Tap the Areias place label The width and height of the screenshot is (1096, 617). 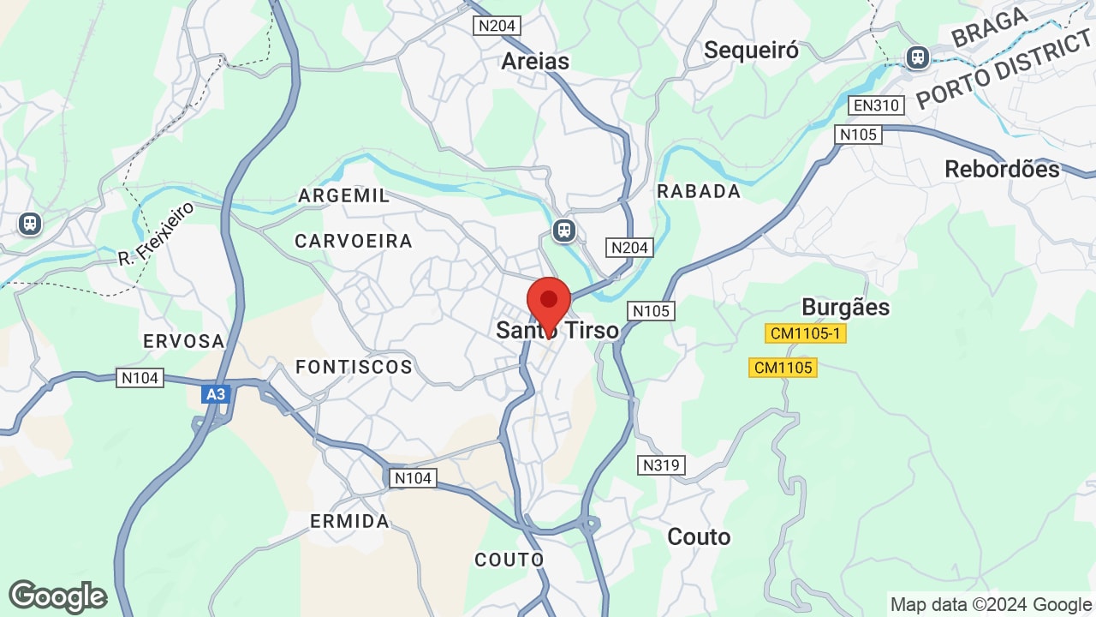coord(535,61)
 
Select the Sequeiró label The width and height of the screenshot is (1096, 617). coord(751,51)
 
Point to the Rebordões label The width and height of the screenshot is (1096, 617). coord(1002,169)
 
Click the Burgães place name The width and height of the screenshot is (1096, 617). coord(845,307)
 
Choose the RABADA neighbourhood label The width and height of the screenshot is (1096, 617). coord(699,191)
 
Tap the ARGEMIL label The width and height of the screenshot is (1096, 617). coord(343,195)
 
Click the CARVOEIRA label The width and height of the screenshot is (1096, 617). coord(354,241)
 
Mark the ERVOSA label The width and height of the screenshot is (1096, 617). coord(183,341)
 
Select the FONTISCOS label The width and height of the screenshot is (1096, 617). coord(354,367)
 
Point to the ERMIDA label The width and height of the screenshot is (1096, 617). coord(349,521)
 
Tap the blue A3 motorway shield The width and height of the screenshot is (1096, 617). coord(216,394)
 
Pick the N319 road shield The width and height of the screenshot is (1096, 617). coord(661,465)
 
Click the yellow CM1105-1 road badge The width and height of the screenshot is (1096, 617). coord(805,333)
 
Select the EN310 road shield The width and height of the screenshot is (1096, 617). coord(876,105)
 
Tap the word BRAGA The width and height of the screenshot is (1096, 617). coord(990,27)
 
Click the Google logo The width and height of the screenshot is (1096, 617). coord(57,596)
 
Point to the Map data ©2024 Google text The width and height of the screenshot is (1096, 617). coord(991,604)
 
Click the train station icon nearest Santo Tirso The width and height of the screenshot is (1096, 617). coord(563,230)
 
